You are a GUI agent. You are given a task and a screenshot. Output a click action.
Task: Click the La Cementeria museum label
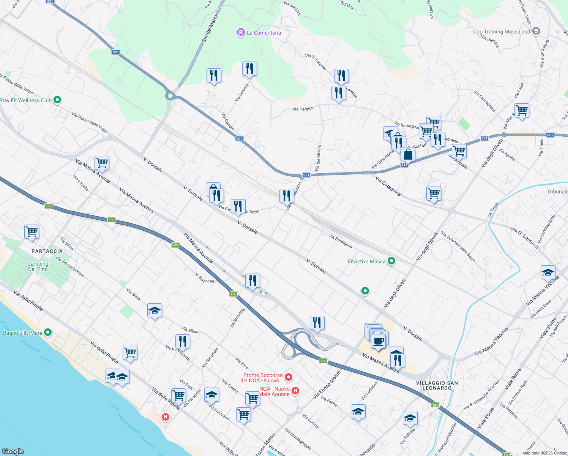263,33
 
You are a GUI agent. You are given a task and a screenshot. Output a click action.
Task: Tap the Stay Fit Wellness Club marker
57,100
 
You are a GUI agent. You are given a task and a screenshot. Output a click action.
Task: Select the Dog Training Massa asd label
501,32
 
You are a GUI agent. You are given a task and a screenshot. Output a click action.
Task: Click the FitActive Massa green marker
392,261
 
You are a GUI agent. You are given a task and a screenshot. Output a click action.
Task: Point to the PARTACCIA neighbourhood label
47,251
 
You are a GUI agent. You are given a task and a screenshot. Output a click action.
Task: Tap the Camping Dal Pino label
38,266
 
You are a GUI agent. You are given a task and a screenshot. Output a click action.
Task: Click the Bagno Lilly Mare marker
47,332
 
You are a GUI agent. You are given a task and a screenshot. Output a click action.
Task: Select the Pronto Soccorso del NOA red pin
289,377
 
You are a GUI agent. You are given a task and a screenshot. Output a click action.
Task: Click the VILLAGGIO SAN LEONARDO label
437,385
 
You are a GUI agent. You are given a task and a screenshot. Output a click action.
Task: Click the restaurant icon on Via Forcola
249,69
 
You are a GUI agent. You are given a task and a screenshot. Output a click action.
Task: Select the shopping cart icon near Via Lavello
102,163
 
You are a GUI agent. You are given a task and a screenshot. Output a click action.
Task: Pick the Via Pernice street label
303,109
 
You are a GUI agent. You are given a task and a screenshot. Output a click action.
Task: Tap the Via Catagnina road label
388,186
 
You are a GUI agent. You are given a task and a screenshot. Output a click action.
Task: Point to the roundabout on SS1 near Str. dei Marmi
170,96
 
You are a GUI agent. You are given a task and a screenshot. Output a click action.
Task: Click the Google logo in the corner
13,451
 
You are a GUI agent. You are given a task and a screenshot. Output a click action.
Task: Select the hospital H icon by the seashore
165,417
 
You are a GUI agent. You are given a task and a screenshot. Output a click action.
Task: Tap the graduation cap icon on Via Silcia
155,311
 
